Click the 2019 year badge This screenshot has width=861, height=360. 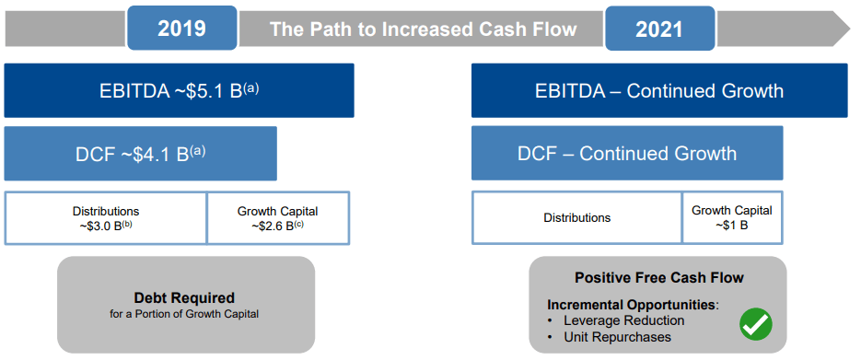coord(181,28)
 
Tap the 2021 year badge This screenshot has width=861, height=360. coord(659,28)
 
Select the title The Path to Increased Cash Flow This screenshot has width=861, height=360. coord(423,29)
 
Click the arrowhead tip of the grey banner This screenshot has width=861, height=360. coord(849,28)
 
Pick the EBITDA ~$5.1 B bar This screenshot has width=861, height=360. coord(179,90)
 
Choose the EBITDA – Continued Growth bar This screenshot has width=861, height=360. coord(659,90)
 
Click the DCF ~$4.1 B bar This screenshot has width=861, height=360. coord(141,154)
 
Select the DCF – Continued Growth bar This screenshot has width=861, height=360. coord(627,153)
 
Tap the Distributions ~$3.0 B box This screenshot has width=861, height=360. coord(105,218)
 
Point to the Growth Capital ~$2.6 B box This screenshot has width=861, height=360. coord(278,218)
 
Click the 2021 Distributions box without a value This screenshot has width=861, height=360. coord(577,218)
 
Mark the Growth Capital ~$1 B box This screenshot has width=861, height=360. coord(732,218)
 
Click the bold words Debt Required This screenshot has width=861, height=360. coord(184,298)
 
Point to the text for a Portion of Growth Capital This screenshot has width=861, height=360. coord(184,315)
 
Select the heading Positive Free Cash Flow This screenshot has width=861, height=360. coord(659,278)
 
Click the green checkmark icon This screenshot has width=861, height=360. coord(756,324)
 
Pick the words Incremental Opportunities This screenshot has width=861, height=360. coord(632,305)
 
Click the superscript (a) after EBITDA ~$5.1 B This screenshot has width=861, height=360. coord(252,87)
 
